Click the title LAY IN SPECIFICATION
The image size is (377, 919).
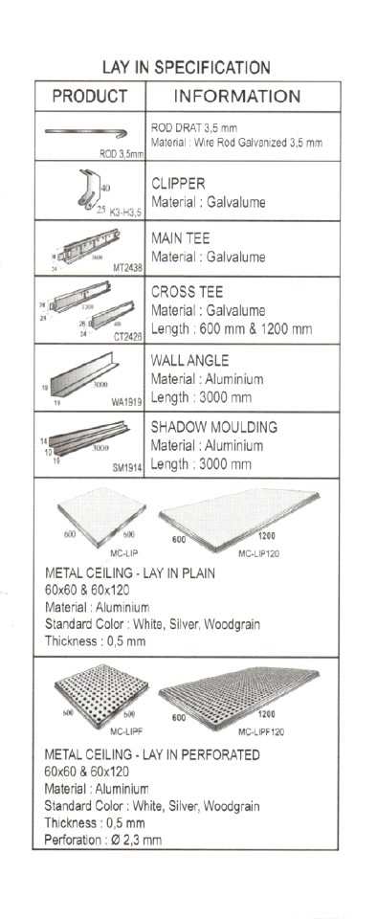(187, 68)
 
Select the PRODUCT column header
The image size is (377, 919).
(89, 97)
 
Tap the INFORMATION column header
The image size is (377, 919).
(237, 97)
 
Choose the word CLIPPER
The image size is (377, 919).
(179, 183)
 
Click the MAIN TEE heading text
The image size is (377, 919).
(181, 238)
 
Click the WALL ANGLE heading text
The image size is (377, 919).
(188, 360)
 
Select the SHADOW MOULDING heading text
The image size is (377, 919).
(214, 427)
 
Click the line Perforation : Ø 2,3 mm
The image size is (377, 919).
(103, 840)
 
